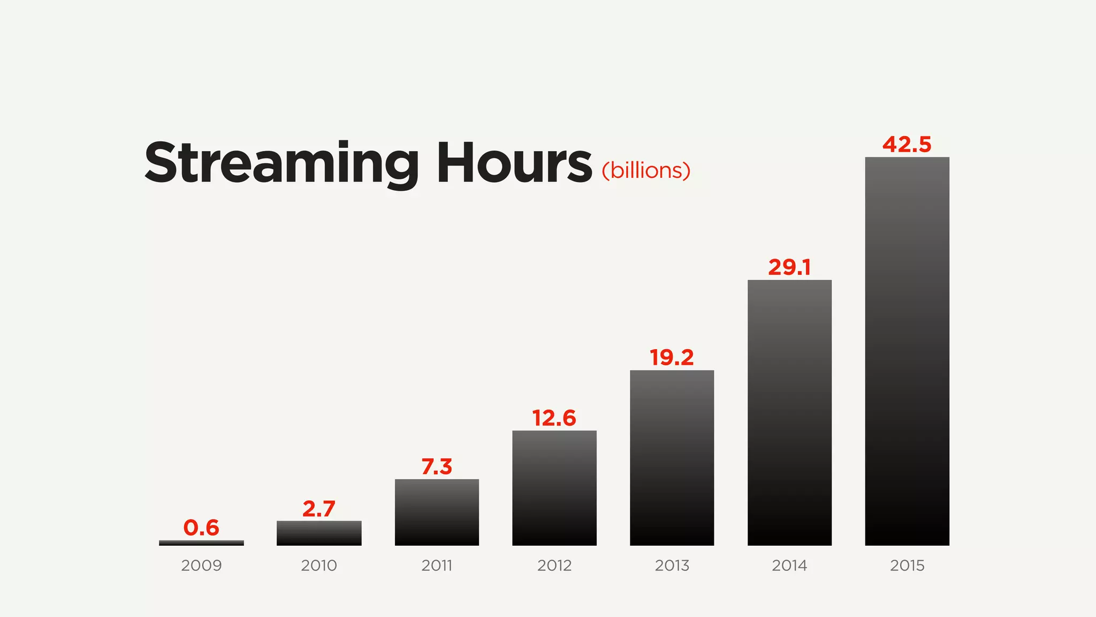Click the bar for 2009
pyautogui.click(x=201, y=543)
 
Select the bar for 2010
pyautogui.click(x=319, y=533)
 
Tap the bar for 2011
pyautogui.click(x=437, y=512)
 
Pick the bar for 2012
pyautogui.click(x=554, y=488)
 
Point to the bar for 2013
pyautogui.click(x=672, y=458)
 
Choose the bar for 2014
pyautogui.click(x=789, y=412)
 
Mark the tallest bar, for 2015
pyautogui.click(x=907, y=351)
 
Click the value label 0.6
pyautogui.click(x=201, y=528)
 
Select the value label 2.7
pyautogui.click(x=319, y=509)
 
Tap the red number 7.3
pyautogui.click(x=437, y=466)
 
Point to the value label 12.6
pyautogui.click(x=554, y=418)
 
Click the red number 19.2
pyautogui.click(x=672, y=357)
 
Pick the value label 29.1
pyautogui.click(x=789, y=267)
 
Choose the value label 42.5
pyautogui.click(x=907, y=145)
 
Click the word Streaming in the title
pyautogui.click(x=281, y=163)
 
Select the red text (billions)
pyautogui.click(x=646, y=171)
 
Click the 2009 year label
pyautogui.click(x=201, y=566)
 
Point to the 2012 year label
pyautogui.click(x=554, y=566)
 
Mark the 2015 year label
pyautogui.click(x=907, y=566)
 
